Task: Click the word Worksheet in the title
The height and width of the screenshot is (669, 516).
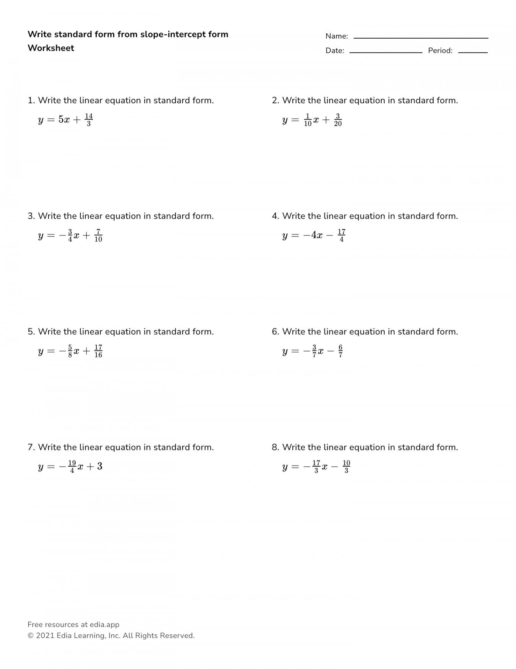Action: (51, 48)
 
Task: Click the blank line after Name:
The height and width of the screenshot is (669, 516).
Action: (420, 37)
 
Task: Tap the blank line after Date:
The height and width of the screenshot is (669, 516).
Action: (385, 52)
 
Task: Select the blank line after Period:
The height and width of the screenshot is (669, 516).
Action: (473, 52)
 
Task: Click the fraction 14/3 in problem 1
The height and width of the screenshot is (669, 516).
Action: (89, 120)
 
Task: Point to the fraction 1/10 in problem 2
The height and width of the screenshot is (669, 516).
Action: (308, 120)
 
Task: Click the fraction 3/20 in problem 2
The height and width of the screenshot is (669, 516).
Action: (338, 120)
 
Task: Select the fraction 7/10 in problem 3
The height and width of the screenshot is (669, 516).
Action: (98, 236)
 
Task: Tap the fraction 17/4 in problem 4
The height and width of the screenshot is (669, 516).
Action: (341, 236)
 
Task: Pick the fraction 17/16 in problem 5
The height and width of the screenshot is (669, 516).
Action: (98, 351)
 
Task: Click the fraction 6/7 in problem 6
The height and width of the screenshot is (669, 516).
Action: (340, 351)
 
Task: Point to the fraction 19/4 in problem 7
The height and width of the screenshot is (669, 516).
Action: (72, 467)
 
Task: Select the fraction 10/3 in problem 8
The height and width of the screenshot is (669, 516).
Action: (346, 467)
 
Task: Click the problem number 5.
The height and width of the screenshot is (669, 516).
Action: (31, 332)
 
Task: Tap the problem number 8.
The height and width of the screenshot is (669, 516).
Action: (275, 447)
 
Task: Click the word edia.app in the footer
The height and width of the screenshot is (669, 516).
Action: (104, 625)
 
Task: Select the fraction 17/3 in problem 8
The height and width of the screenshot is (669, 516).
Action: (316, 467)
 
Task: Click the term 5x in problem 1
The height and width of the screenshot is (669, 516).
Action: (64, 120)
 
